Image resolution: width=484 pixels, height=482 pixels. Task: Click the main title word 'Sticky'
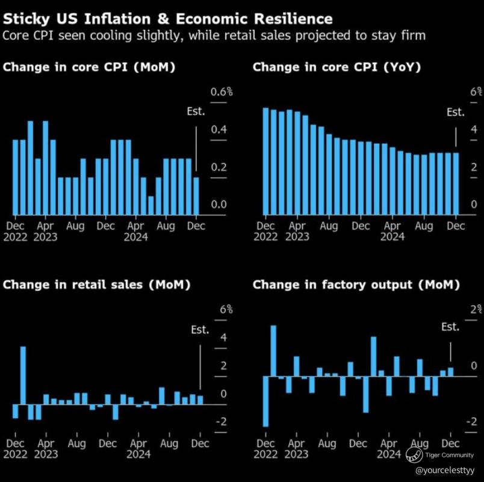(26, 19)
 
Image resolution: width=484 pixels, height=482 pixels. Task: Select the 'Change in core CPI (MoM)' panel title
(89, 67)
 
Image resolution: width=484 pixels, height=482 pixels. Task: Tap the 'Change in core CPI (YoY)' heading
(337, 67)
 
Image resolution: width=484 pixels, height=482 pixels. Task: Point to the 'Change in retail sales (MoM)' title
(96, 285)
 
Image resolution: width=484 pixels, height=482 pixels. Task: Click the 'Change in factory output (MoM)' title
(356, 285)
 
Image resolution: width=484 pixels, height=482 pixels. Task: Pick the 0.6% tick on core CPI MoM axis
(222, 91)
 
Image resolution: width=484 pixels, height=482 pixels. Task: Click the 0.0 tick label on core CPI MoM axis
(219, 204)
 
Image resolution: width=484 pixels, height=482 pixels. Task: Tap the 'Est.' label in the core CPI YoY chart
(456, 112)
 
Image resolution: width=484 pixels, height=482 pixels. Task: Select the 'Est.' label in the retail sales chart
(200, 330)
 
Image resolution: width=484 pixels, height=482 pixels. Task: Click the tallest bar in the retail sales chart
(23, 375)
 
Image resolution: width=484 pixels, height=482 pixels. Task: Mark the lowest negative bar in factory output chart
(265, 401)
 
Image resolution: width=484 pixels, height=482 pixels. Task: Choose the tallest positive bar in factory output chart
(273, 351)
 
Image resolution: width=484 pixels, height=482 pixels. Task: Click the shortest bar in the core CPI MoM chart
(151, 206)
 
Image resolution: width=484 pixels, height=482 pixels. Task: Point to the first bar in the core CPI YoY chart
(265, 161)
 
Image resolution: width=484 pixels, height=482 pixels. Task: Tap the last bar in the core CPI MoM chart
(196, 196)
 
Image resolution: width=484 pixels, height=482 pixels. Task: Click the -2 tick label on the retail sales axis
(222, 421)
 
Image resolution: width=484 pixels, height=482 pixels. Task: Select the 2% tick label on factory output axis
(476, 309)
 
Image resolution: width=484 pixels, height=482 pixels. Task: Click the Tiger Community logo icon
(414, 455)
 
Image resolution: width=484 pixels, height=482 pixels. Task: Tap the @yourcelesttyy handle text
(445, 471)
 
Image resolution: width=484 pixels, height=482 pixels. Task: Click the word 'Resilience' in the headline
(293, 19)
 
